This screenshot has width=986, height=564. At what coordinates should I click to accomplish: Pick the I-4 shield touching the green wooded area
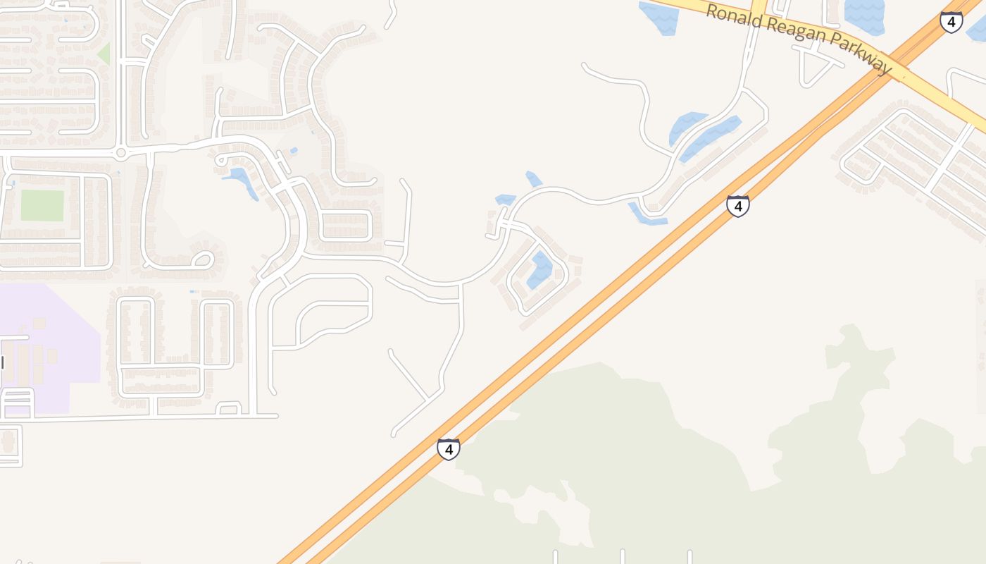449,448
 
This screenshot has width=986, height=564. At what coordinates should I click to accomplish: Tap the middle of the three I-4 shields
737,206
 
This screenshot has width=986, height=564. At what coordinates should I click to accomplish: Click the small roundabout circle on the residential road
120,152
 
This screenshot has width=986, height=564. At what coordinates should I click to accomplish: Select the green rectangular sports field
42,205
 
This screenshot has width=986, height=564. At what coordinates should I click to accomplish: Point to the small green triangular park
105,54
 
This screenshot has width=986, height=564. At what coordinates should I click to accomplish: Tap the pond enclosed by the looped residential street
541,269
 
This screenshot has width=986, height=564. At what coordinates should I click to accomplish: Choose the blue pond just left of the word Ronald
660,18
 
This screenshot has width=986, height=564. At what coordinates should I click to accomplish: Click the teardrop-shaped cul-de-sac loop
202,259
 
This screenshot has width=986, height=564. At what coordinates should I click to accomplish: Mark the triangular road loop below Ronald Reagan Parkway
813,67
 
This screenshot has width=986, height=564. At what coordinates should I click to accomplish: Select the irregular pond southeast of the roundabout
242,179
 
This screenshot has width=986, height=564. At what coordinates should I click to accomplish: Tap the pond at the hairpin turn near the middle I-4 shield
646,215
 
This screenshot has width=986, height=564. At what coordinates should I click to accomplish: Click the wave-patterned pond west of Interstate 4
864,16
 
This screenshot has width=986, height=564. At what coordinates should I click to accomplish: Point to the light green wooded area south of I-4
634,458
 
